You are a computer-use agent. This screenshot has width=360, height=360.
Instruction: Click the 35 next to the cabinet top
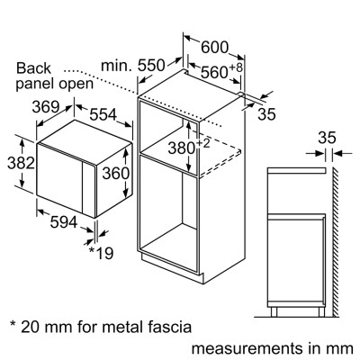[x=266, y=114]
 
